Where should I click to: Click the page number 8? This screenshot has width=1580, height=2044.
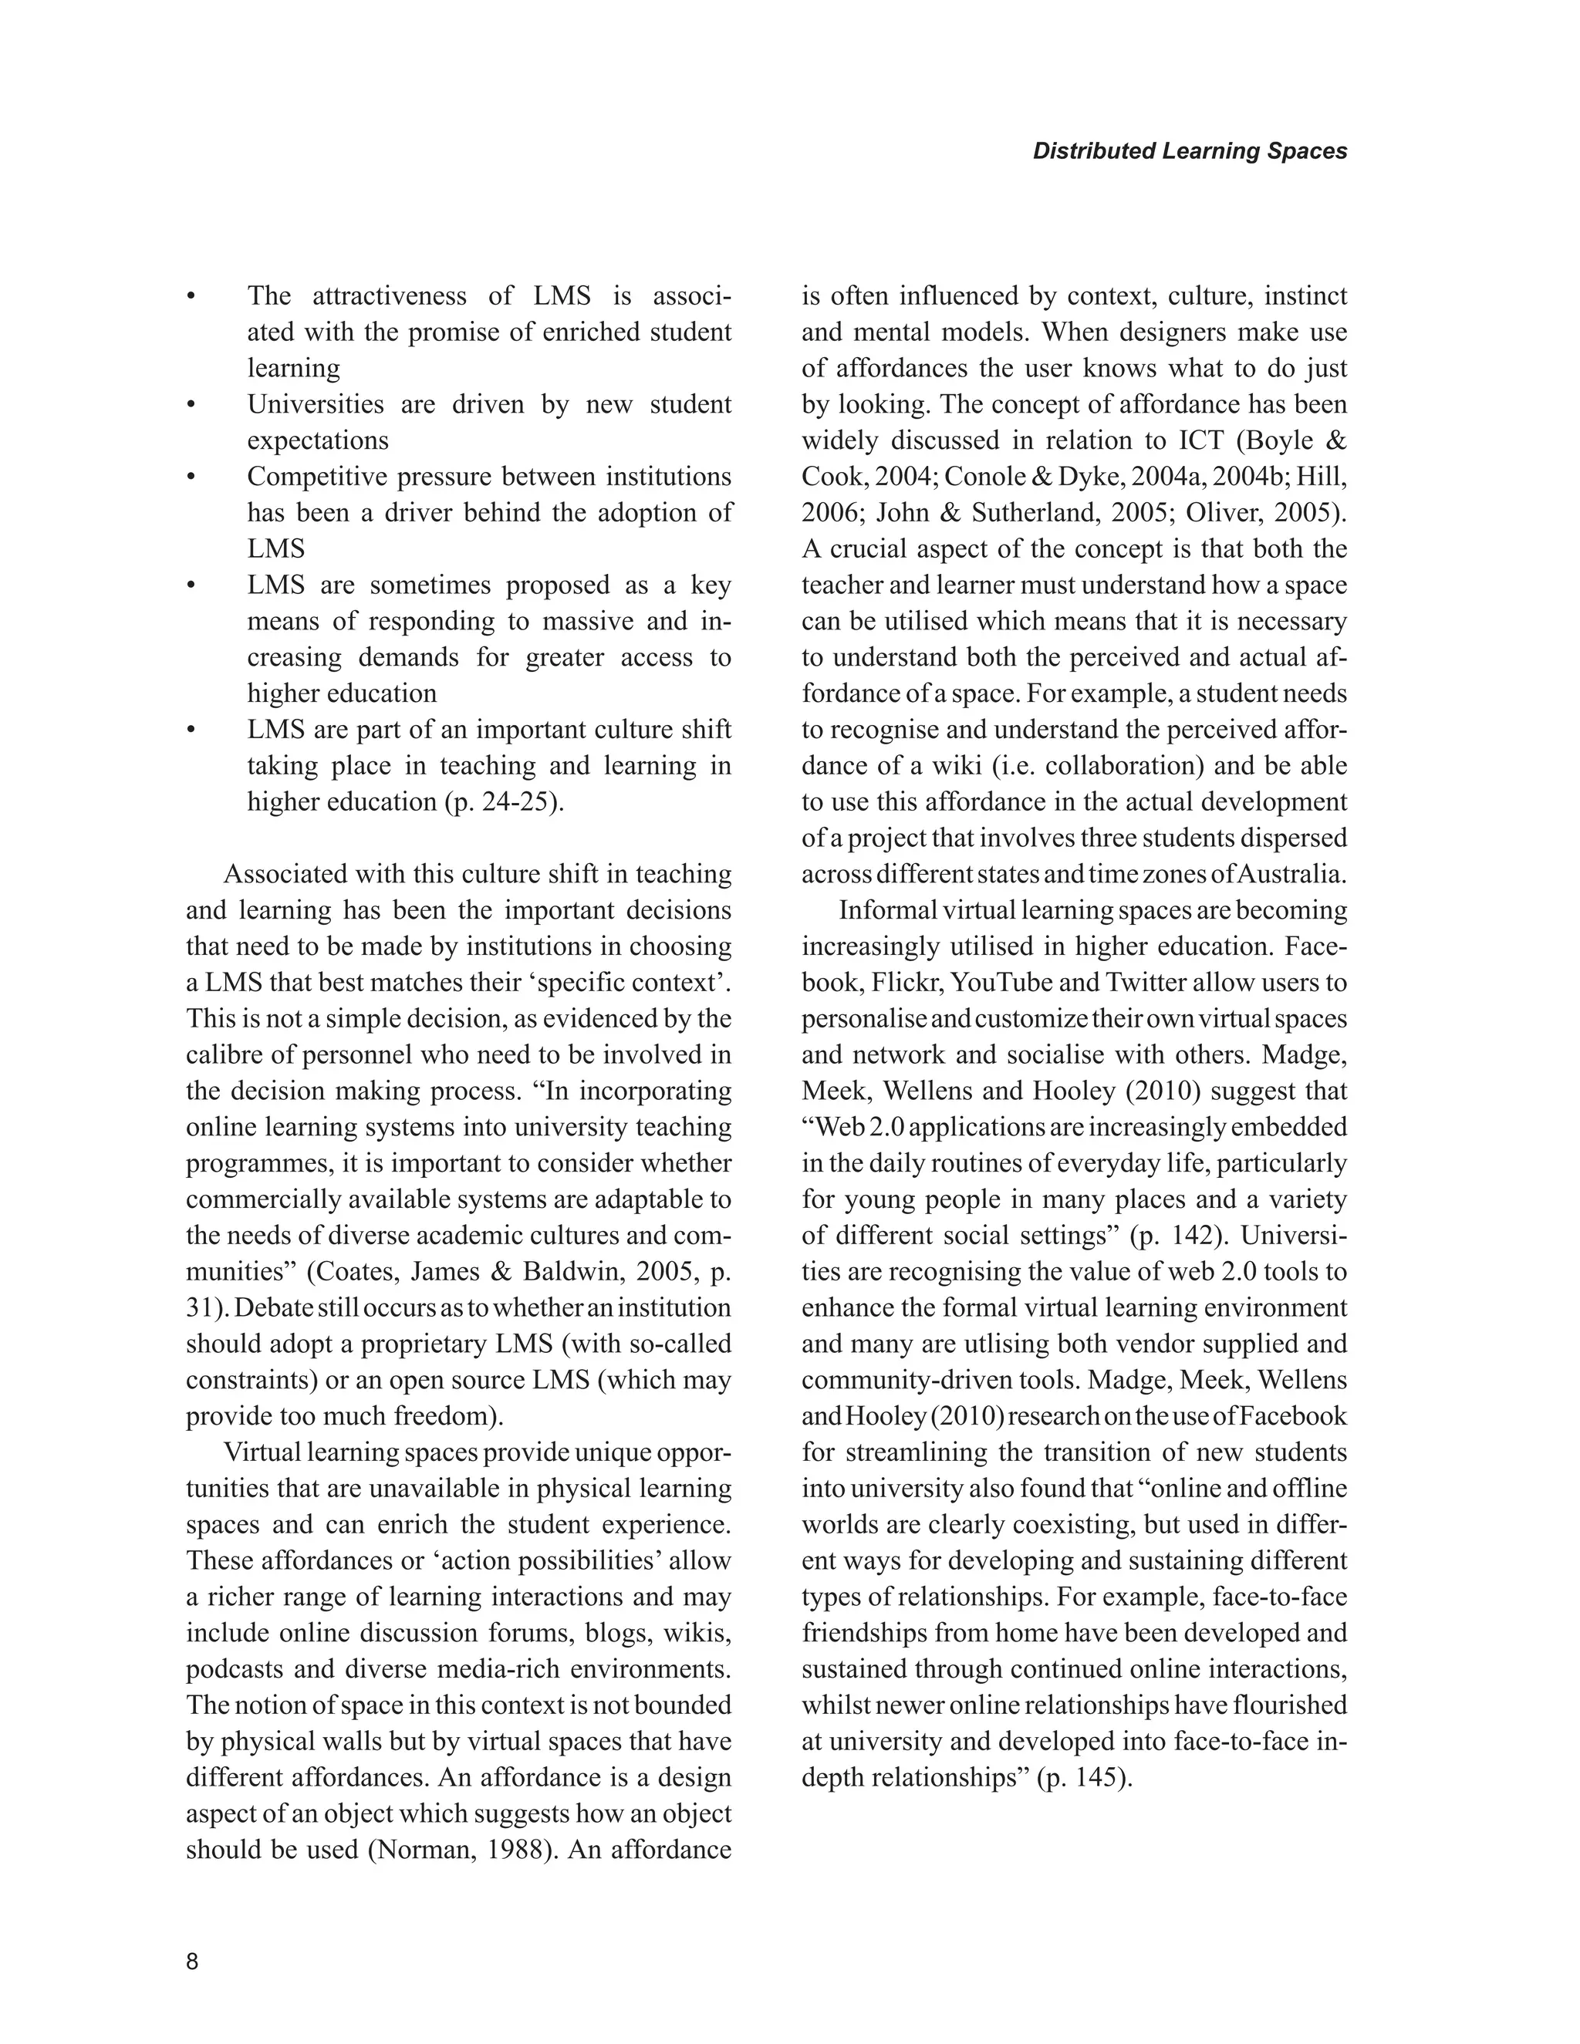(x=193, y=1961)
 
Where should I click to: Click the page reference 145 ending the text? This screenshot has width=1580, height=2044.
(x=1100, y=1777)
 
